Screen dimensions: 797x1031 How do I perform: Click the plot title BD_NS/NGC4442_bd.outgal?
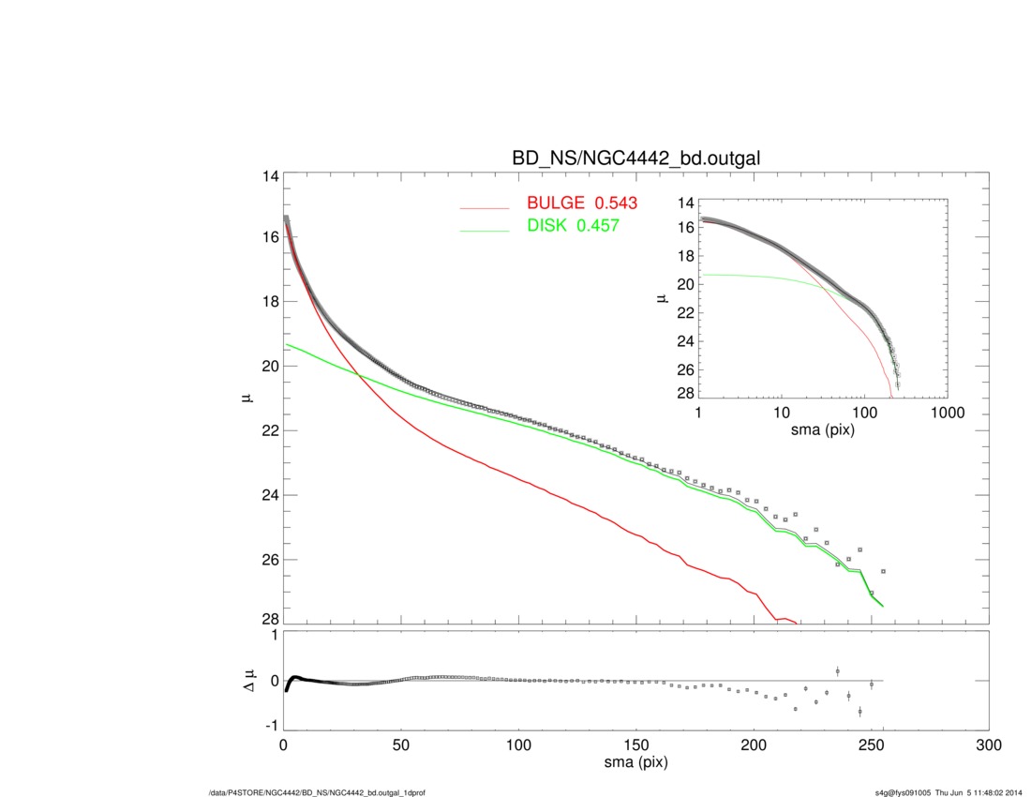tap(635, 159)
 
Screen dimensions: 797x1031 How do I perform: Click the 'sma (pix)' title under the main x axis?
tap(635, 763)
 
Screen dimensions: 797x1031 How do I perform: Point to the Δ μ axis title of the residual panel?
tap(246, 680)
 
